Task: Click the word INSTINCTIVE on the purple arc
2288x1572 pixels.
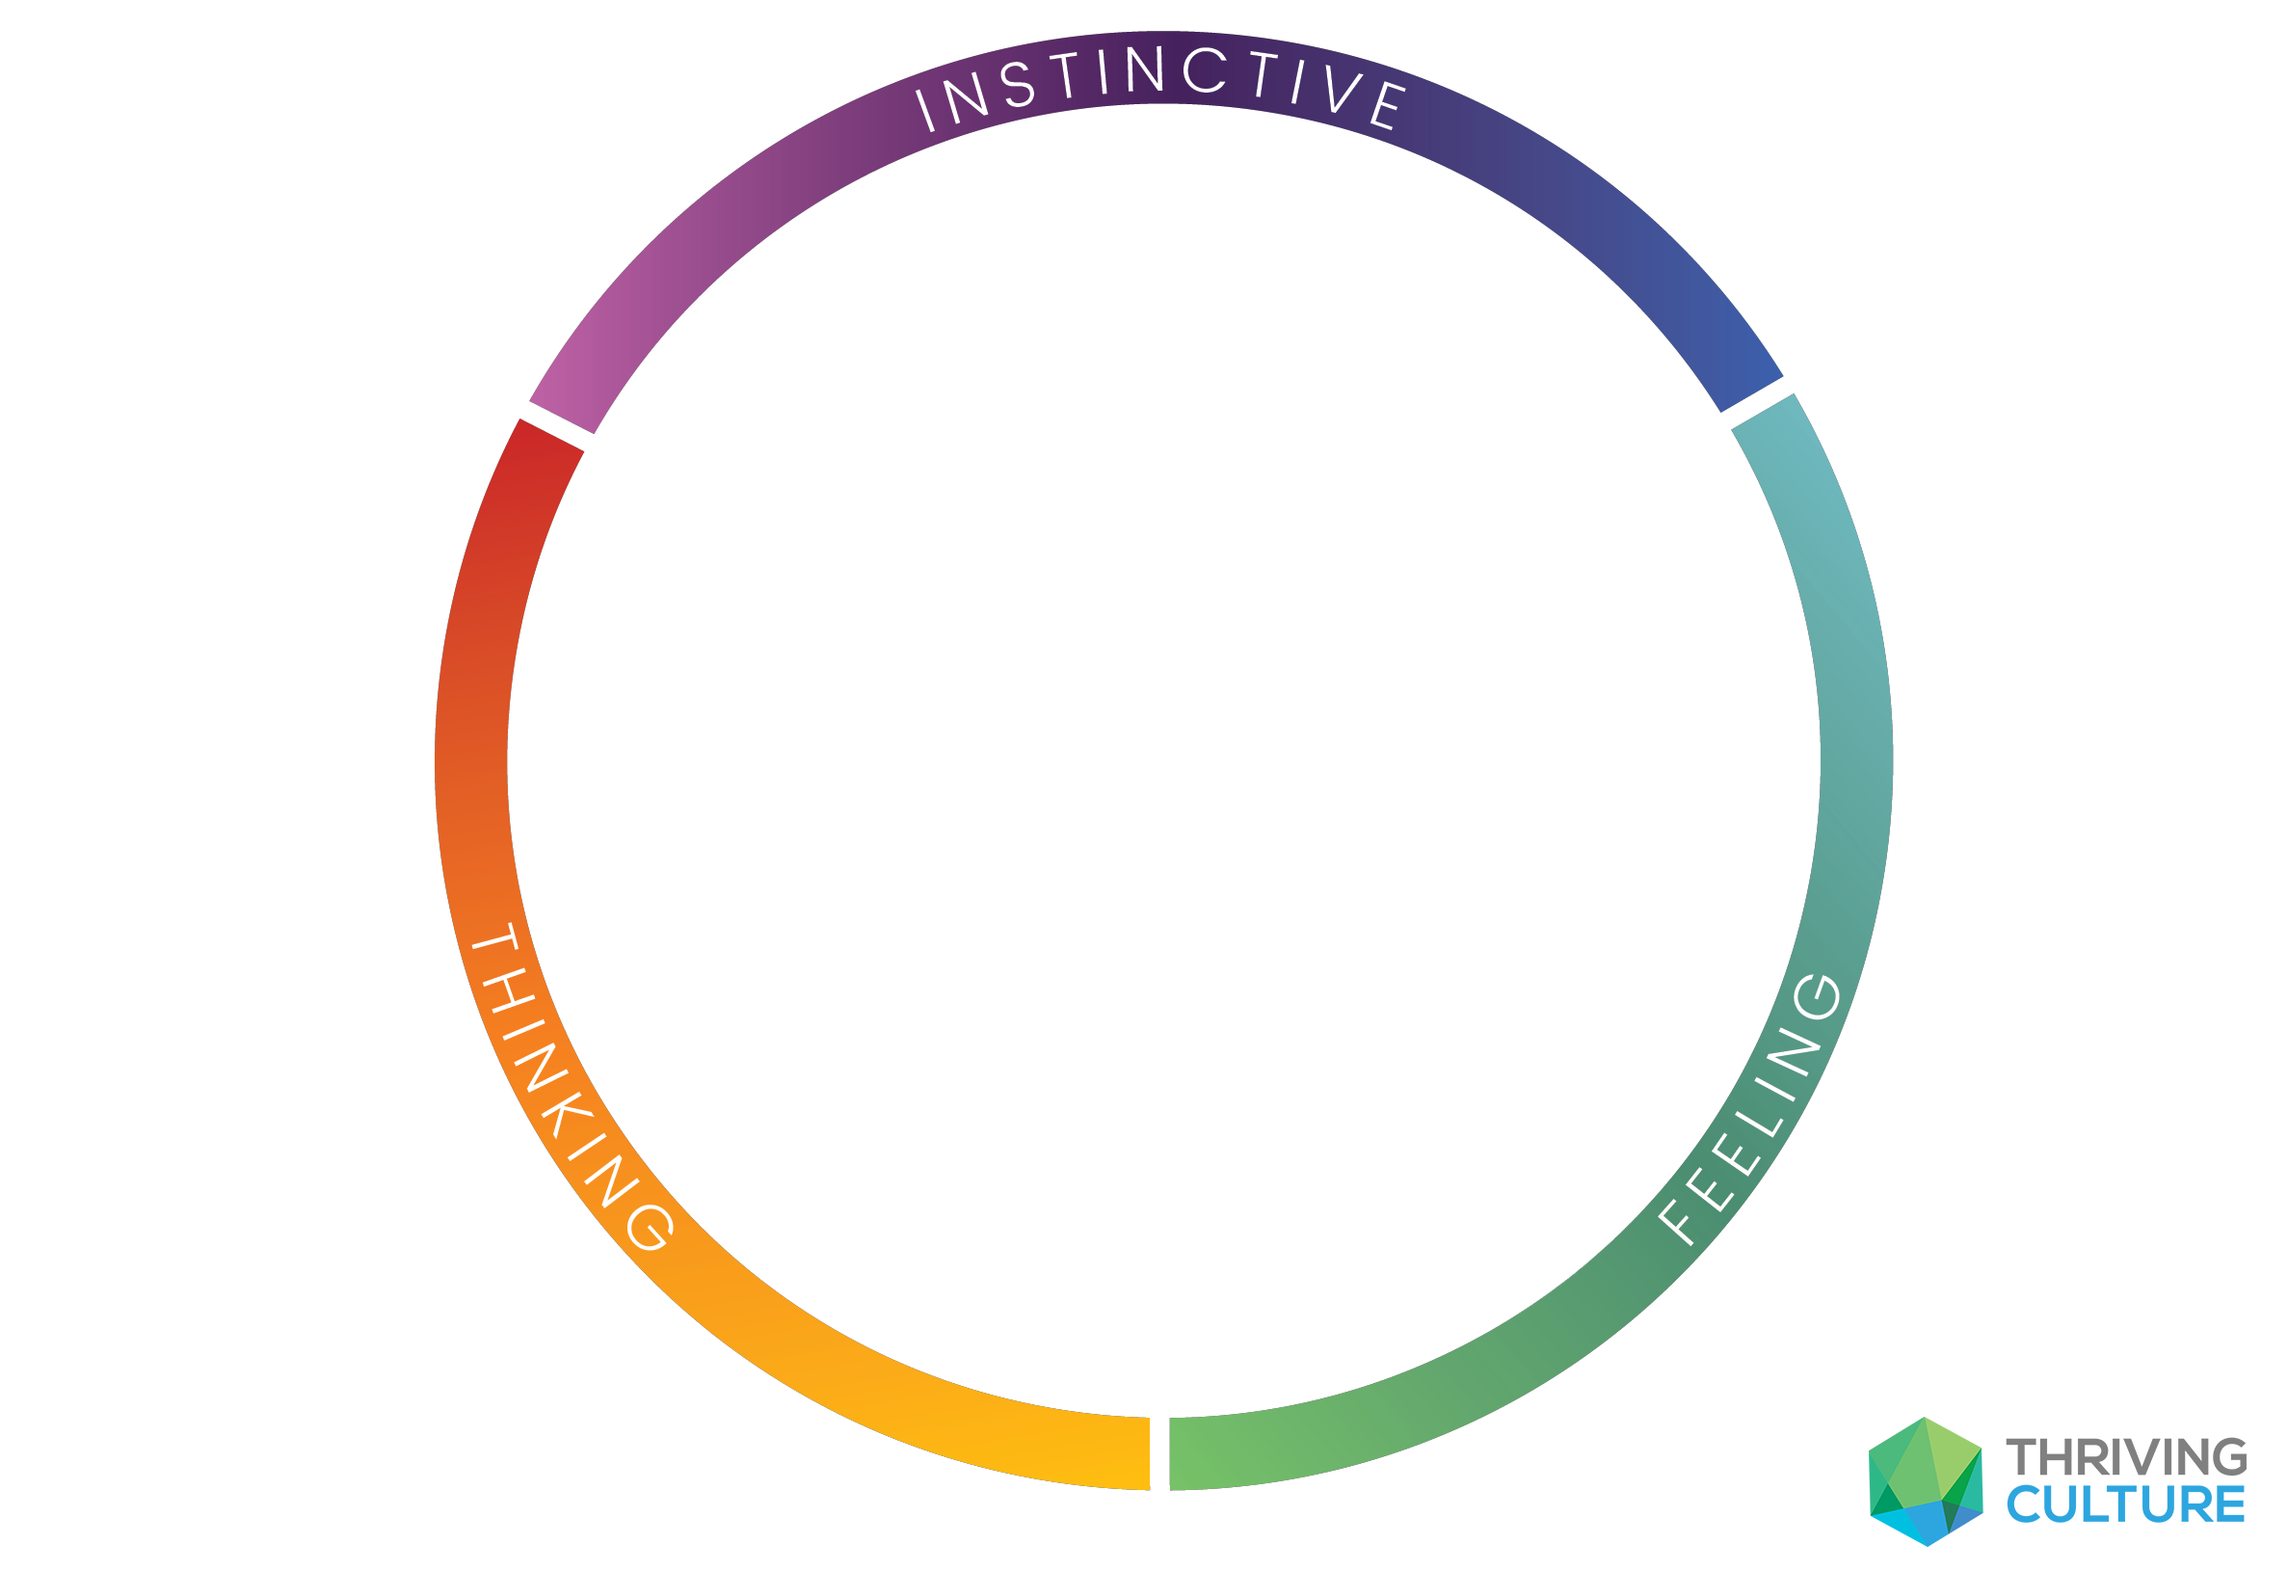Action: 1161,83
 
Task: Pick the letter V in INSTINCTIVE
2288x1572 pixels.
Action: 1342,89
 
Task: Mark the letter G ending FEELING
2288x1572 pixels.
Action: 1818,997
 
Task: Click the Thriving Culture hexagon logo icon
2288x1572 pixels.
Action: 1926,1482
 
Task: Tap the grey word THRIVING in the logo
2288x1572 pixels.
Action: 2126,1458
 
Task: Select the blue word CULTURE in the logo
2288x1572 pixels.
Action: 2126,1506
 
